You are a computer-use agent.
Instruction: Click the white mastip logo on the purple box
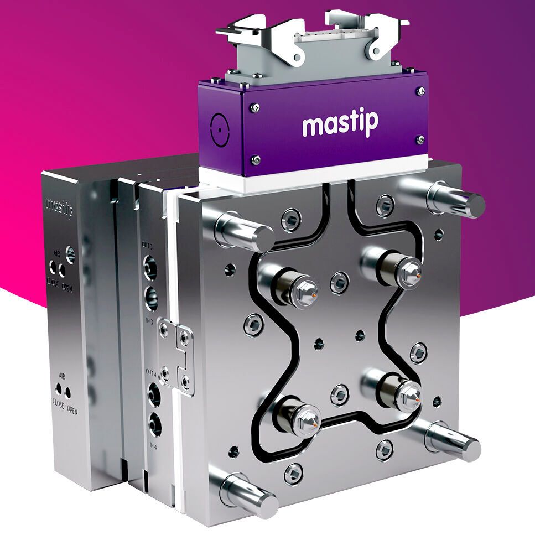click(340, 125)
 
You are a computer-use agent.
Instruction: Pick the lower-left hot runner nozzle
click(299, 418)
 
